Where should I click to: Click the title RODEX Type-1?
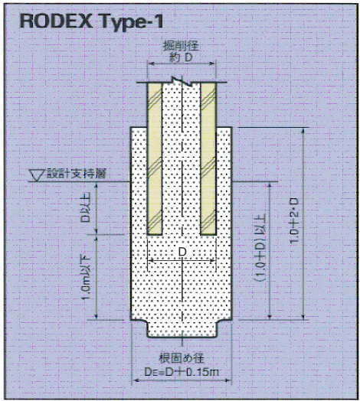91,21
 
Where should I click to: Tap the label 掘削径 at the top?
182,46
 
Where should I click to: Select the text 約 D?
182,57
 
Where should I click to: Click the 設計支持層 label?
77,174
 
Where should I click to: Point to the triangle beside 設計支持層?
37,175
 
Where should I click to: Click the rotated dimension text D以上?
85,207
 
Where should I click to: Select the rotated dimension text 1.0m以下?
86,279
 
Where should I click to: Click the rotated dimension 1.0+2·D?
295,220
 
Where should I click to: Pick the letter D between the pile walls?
182,252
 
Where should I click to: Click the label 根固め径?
182,358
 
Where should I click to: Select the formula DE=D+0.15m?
182,372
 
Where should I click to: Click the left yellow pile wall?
155,159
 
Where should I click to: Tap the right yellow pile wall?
208,159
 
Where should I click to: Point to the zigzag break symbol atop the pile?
182,81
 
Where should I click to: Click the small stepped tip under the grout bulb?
182,329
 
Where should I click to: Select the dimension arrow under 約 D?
182,64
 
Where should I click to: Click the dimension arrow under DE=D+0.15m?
182,380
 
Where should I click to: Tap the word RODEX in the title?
56,21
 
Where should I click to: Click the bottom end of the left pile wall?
155,234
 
